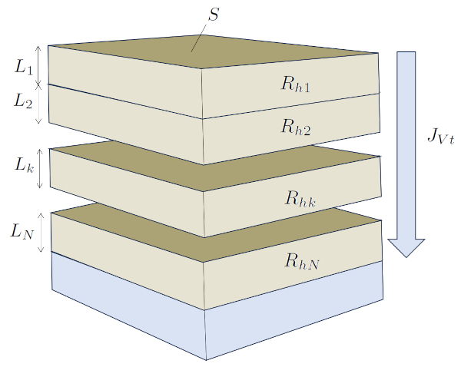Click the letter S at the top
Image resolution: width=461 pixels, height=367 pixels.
click(215, 15)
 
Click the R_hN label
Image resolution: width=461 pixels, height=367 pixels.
click(301, 261)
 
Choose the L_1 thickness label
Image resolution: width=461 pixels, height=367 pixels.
click(24, 68)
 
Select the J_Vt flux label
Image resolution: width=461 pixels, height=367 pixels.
click(439, 138)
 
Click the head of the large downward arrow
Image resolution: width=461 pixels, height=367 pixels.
click(406, 247)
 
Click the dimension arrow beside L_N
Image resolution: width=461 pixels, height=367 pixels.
click(39, 232)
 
